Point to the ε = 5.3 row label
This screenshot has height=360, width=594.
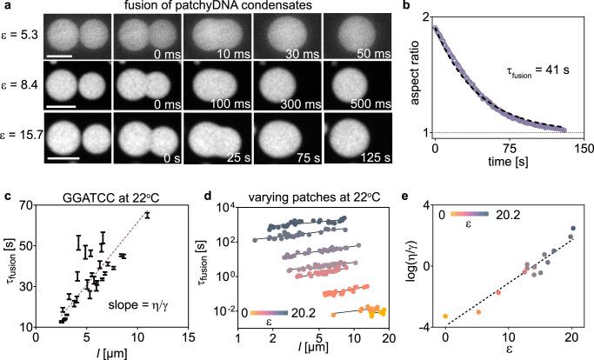pos(22,38)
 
